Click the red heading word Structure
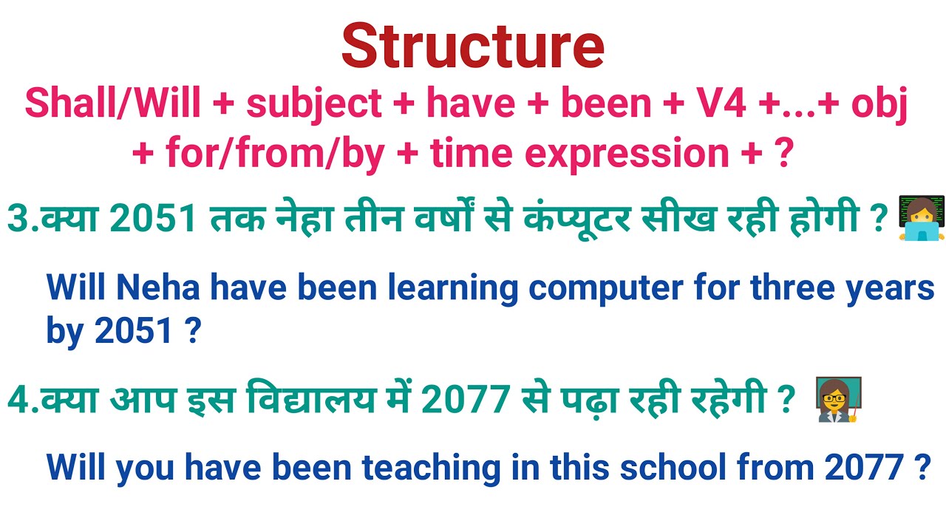(x=473, y=46)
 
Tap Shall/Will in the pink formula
(x=112, y=104)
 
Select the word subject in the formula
(x=313, y=104)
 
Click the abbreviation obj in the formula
(x=879, y=104)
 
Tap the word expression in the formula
(x=636, y=153)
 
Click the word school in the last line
(x=673, y=467)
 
